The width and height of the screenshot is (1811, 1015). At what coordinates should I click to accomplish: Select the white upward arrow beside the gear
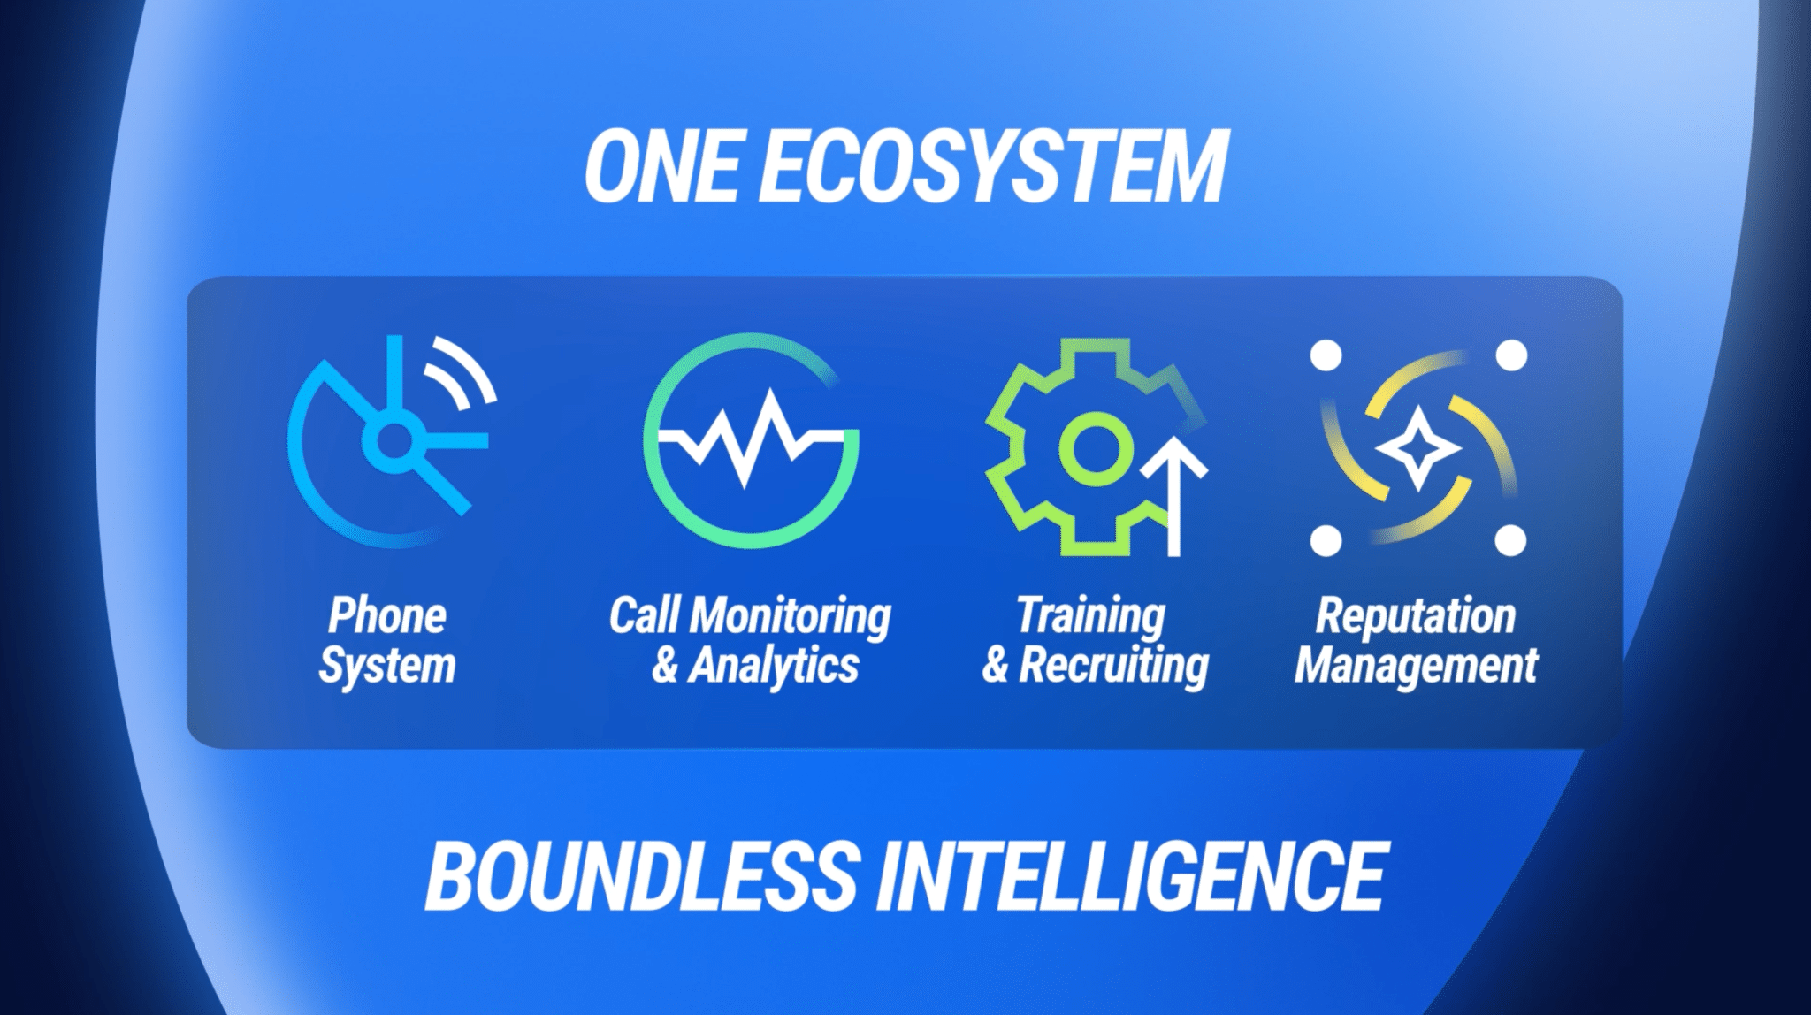pos(1174,495)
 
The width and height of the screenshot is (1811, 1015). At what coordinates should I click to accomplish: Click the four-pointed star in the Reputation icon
pos(1417,448)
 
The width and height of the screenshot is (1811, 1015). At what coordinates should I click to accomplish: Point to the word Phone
pos(387,615)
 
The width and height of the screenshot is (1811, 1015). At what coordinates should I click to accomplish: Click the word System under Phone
pos(387,666)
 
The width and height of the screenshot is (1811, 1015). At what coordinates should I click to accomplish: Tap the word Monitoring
pos(790,616)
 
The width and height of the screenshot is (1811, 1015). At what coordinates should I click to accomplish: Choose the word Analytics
pos(774,666)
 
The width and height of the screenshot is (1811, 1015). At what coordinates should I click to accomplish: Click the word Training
pos(1091,616)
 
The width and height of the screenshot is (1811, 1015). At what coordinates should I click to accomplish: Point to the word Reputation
pos(1416,616)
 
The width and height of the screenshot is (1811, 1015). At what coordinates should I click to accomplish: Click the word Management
pos(1417,666)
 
